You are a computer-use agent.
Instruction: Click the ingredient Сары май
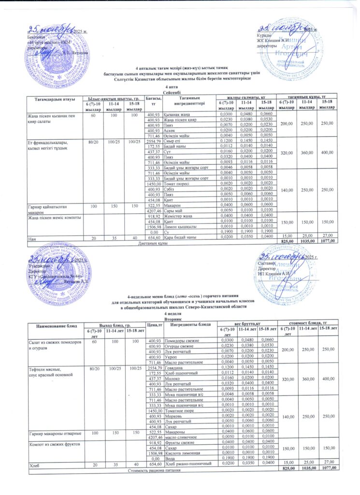pyautogui.click(x=173, y=211)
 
